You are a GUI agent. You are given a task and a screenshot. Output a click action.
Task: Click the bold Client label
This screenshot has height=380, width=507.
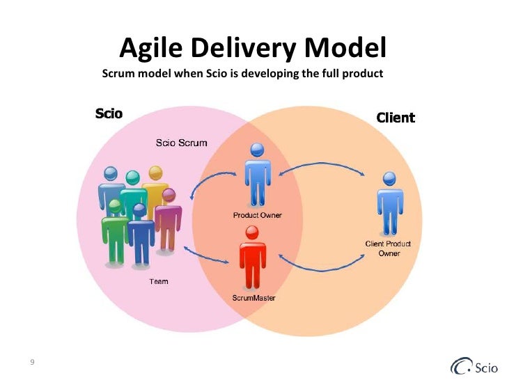coord(396,118)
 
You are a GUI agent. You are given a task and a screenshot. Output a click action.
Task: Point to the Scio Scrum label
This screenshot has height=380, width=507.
coord(180,143)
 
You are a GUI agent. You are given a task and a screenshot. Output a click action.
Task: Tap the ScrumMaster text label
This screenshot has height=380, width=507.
coord(253,298)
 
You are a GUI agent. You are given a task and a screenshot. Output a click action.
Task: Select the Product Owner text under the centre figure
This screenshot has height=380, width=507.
coord(257,215)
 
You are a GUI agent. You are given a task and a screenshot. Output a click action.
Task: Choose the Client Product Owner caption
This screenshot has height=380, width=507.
coord(389,248)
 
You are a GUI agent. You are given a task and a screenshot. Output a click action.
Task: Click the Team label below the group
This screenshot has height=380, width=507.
coord(159,282)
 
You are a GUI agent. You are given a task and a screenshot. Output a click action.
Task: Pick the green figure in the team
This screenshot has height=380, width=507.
coord(114,233)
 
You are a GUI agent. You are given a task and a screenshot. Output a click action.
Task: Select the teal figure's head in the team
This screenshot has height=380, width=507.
coord(130,180)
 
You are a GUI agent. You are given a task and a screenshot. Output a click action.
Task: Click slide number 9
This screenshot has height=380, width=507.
coord(33,362)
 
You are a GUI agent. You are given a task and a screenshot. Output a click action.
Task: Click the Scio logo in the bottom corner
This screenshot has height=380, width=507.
coord(474,365)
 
